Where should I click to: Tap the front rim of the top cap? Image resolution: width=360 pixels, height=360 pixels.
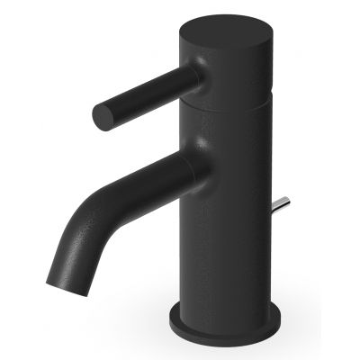pos(225,56)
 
